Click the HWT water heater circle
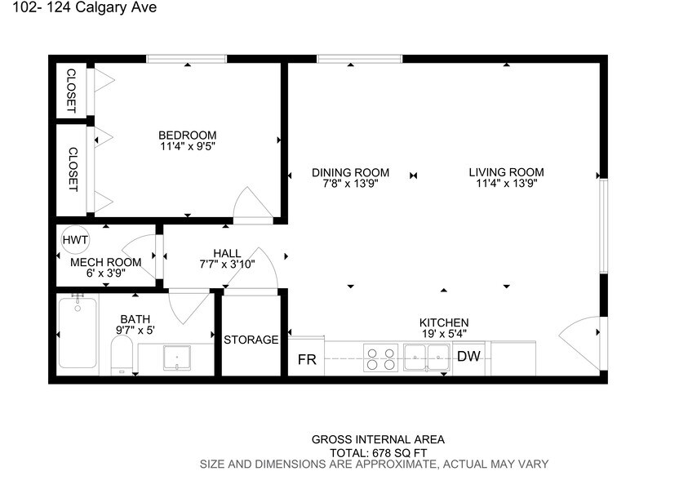[x=75, y=240]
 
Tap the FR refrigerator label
[x=307, y=359]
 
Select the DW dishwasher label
[x=468, y=356]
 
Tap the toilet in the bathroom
[x=122, y=356]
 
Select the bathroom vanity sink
[x=176, y=358]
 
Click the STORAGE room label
[x=251, y=340]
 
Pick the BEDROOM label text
[x=188, y=136]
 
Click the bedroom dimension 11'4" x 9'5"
[x=188, y=147]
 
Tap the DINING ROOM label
[x=350, y=172]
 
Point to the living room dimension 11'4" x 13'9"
[x=506, y=184]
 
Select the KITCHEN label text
[x=444, y=322]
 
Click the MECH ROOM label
[x=106, y=262]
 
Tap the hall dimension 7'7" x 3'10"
[x=227, y=264]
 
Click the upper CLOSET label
[x=71, y=89]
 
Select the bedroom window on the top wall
[x=186, y=59]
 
